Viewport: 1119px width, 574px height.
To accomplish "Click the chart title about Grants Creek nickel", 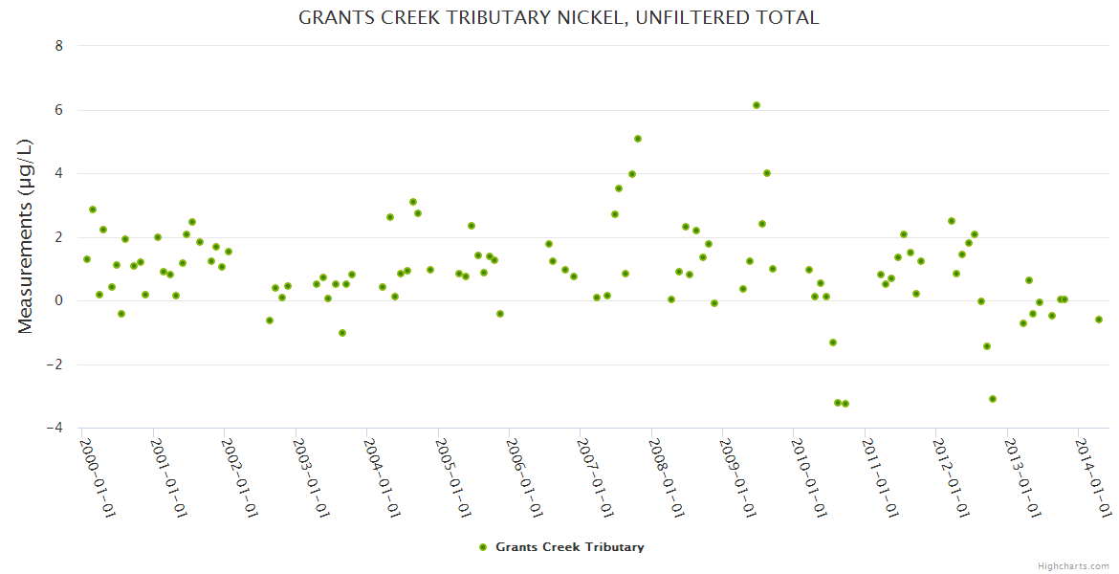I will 559,17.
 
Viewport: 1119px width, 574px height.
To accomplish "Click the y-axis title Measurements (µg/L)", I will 26,236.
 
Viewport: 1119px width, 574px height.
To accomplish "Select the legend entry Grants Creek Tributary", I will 561,547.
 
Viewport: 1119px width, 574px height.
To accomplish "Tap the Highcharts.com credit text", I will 1074,565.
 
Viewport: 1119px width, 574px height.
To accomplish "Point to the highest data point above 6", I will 757,105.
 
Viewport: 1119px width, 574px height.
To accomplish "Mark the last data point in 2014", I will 1099,320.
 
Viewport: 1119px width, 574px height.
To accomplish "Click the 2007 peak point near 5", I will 638,139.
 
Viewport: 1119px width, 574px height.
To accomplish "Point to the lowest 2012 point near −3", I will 993,399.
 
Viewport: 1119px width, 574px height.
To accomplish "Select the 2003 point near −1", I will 342,333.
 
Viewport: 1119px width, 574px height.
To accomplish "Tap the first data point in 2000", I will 87,259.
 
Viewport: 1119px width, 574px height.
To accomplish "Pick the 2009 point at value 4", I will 767,173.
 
